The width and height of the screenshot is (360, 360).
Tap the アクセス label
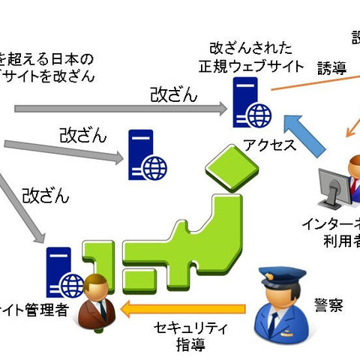coord(269,145)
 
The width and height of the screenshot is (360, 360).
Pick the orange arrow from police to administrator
coord(184,307)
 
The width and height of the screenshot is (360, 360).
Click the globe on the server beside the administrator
coord(73,286)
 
